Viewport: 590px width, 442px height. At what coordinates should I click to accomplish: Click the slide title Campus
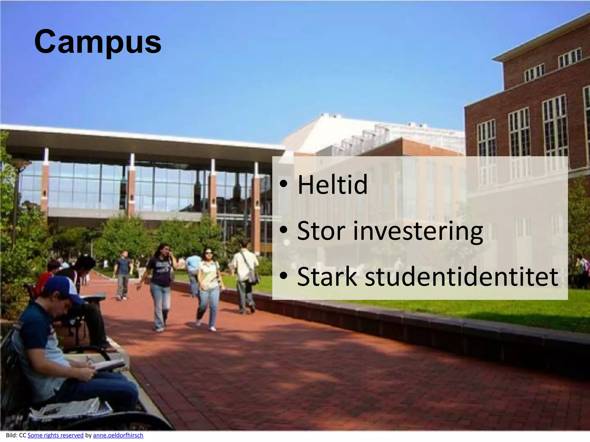click(x=98, y=42)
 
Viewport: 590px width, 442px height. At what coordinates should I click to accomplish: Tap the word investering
click(x=418, y=231)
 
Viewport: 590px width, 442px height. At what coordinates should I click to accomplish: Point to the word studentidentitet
click(x=462, y=277)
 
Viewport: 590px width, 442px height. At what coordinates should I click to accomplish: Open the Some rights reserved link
click(x=55, y=435)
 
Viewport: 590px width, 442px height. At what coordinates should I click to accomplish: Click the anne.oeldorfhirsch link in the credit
click(x=118, y=435)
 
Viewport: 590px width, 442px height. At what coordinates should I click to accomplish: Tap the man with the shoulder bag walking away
click(x=245, y=276)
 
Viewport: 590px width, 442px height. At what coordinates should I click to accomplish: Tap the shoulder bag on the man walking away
click(x=253, y=276)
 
